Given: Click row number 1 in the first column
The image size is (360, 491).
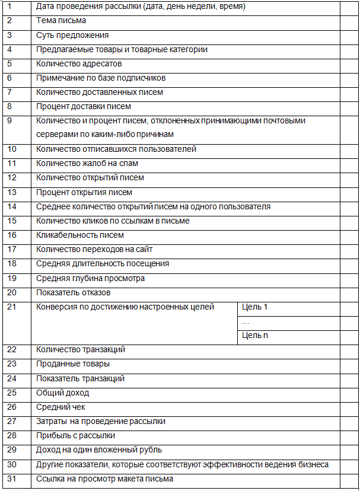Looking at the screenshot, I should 9,7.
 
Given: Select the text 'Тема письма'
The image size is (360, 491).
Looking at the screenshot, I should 61,21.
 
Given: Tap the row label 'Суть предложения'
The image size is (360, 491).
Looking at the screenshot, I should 72,35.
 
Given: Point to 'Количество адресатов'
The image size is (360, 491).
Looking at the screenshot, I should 79,63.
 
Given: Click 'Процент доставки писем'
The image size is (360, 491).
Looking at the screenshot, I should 84,107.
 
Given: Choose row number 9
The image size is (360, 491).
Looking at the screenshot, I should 9,121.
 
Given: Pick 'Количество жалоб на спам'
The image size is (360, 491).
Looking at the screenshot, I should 87,163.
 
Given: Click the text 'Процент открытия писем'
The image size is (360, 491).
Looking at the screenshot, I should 84,192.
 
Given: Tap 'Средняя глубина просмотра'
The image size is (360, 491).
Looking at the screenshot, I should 90,278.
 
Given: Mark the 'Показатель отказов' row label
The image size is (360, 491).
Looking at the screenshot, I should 74,292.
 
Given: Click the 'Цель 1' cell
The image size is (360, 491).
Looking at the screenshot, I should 255,307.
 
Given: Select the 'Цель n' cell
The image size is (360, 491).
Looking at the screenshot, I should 255,336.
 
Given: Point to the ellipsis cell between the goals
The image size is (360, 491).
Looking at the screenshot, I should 246,321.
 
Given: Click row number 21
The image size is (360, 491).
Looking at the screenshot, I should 12,307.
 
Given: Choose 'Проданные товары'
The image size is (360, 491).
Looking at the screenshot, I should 73,364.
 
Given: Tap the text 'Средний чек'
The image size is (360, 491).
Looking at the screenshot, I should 60,407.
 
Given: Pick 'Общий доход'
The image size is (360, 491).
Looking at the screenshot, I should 62,393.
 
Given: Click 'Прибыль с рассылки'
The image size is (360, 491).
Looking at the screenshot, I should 75,436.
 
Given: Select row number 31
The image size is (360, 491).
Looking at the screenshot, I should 12,479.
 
